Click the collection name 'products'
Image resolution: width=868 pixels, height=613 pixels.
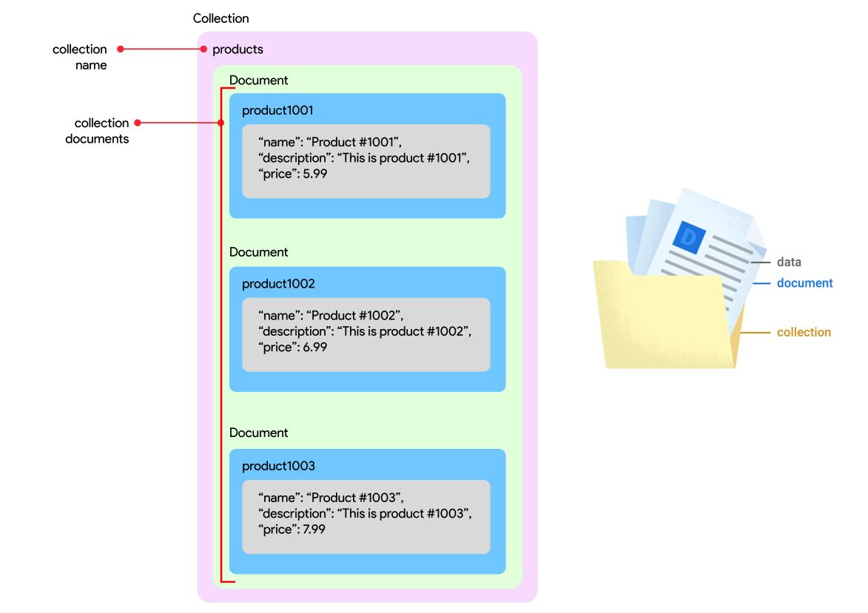point(238,50)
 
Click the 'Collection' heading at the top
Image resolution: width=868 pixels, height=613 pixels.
point(221,18)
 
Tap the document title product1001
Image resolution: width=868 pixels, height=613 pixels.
point(277,111)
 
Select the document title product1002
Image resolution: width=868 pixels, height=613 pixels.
point(278,284)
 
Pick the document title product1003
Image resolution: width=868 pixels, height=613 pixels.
point(278,466)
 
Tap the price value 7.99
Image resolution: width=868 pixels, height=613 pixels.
point(314,529)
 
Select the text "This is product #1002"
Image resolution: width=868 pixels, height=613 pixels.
point(404,331)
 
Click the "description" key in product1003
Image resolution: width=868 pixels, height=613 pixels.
point(294,513)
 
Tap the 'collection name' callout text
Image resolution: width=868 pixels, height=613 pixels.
point(80,57)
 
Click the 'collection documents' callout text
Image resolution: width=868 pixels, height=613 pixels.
point(97,131)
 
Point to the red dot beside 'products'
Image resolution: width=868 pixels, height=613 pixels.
point(203,50)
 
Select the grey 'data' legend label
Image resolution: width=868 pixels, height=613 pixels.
point(789,262)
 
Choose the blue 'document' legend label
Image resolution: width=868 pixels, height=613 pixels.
point(804,283)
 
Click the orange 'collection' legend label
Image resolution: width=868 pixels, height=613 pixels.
point(804,333)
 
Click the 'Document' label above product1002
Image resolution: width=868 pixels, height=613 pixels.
point(258,252)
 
